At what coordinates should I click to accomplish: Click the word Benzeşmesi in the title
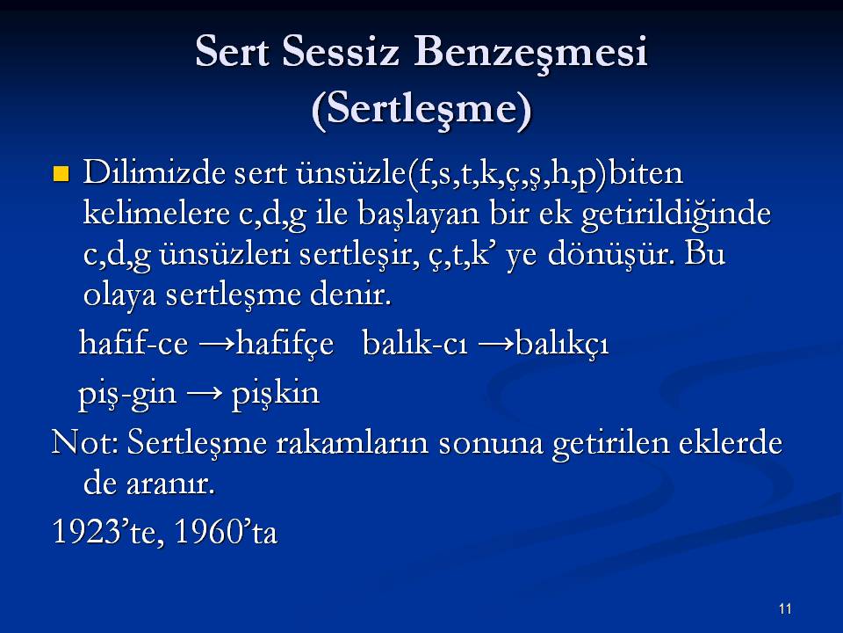pos(530,53)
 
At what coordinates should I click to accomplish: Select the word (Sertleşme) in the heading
pos(421,110)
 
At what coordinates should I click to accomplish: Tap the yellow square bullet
pos(61,174)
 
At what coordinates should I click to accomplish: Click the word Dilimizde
pos(154,173)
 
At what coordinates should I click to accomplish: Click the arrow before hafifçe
pos(217,344)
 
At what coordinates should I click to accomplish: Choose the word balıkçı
pos(561,345)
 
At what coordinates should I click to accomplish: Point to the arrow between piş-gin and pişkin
pos(205,393)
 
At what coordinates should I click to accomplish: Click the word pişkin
pos(275,394)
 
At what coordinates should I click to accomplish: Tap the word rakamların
pos(352,443)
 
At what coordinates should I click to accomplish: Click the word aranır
pos(170,484)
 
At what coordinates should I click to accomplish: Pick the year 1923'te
pos(108,532)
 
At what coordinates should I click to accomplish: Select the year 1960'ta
pos(226,532)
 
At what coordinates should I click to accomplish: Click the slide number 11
pos(785,608)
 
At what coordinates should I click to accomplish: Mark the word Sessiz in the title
pos(341,52)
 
